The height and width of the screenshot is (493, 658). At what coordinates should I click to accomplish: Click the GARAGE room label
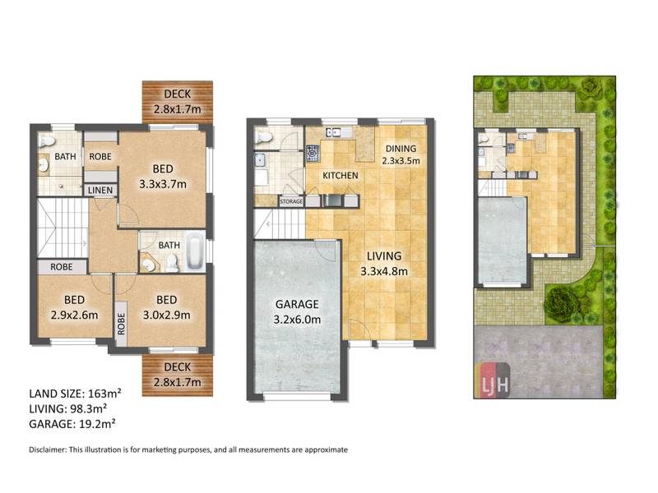[x=297, y=304]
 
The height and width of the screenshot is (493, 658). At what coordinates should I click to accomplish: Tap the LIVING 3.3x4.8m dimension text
[x=384, y=271]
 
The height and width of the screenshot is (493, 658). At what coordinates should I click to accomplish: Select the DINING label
[x=401, y=149]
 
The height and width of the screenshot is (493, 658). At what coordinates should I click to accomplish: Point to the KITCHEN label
[x=341, y=175]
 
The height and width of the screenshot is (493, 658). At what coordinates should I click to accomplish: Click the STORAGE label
[x=291, y=201]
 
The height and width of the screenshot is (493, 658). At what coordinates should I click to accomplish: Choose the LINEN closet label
[x=100, y=191]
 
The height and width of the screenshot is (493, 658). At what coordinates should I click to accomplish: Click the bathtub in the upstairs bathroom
[x=195, y=251]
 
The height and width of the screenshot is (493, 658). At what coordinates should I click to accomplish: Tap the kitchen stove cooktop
[x=313, y=153]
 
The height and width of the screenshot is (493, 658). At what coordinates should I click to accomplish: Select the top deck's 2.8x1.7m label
[x=178, y=109]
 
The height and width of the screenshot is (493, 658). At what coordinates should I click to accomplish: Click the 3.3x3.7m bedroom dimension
[x=163, y=183]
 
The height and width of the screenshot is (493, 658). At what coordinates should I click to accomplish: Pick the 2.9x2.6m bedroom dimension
[x=74, y=315]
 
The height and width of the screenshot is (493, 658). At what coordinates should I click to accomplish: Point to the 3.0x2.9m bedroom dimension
[x=167, y=315]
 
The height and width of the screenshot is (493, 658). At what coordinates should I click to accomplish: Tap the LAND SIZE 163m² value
[x=104, y=394]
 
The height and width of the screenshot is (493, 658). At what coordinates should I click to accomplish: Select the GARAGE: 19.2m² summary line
[x=72, y=424]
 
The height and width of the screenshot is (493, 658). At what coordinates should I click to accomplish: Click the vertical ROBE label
[x=121, y=324]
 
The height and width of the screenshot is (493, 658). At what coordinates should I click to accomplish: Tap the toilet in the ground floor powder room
[x=264, y=137]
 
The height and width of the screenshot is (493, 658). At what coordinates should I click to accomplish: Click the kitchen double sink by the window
[x=333, y=133]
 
